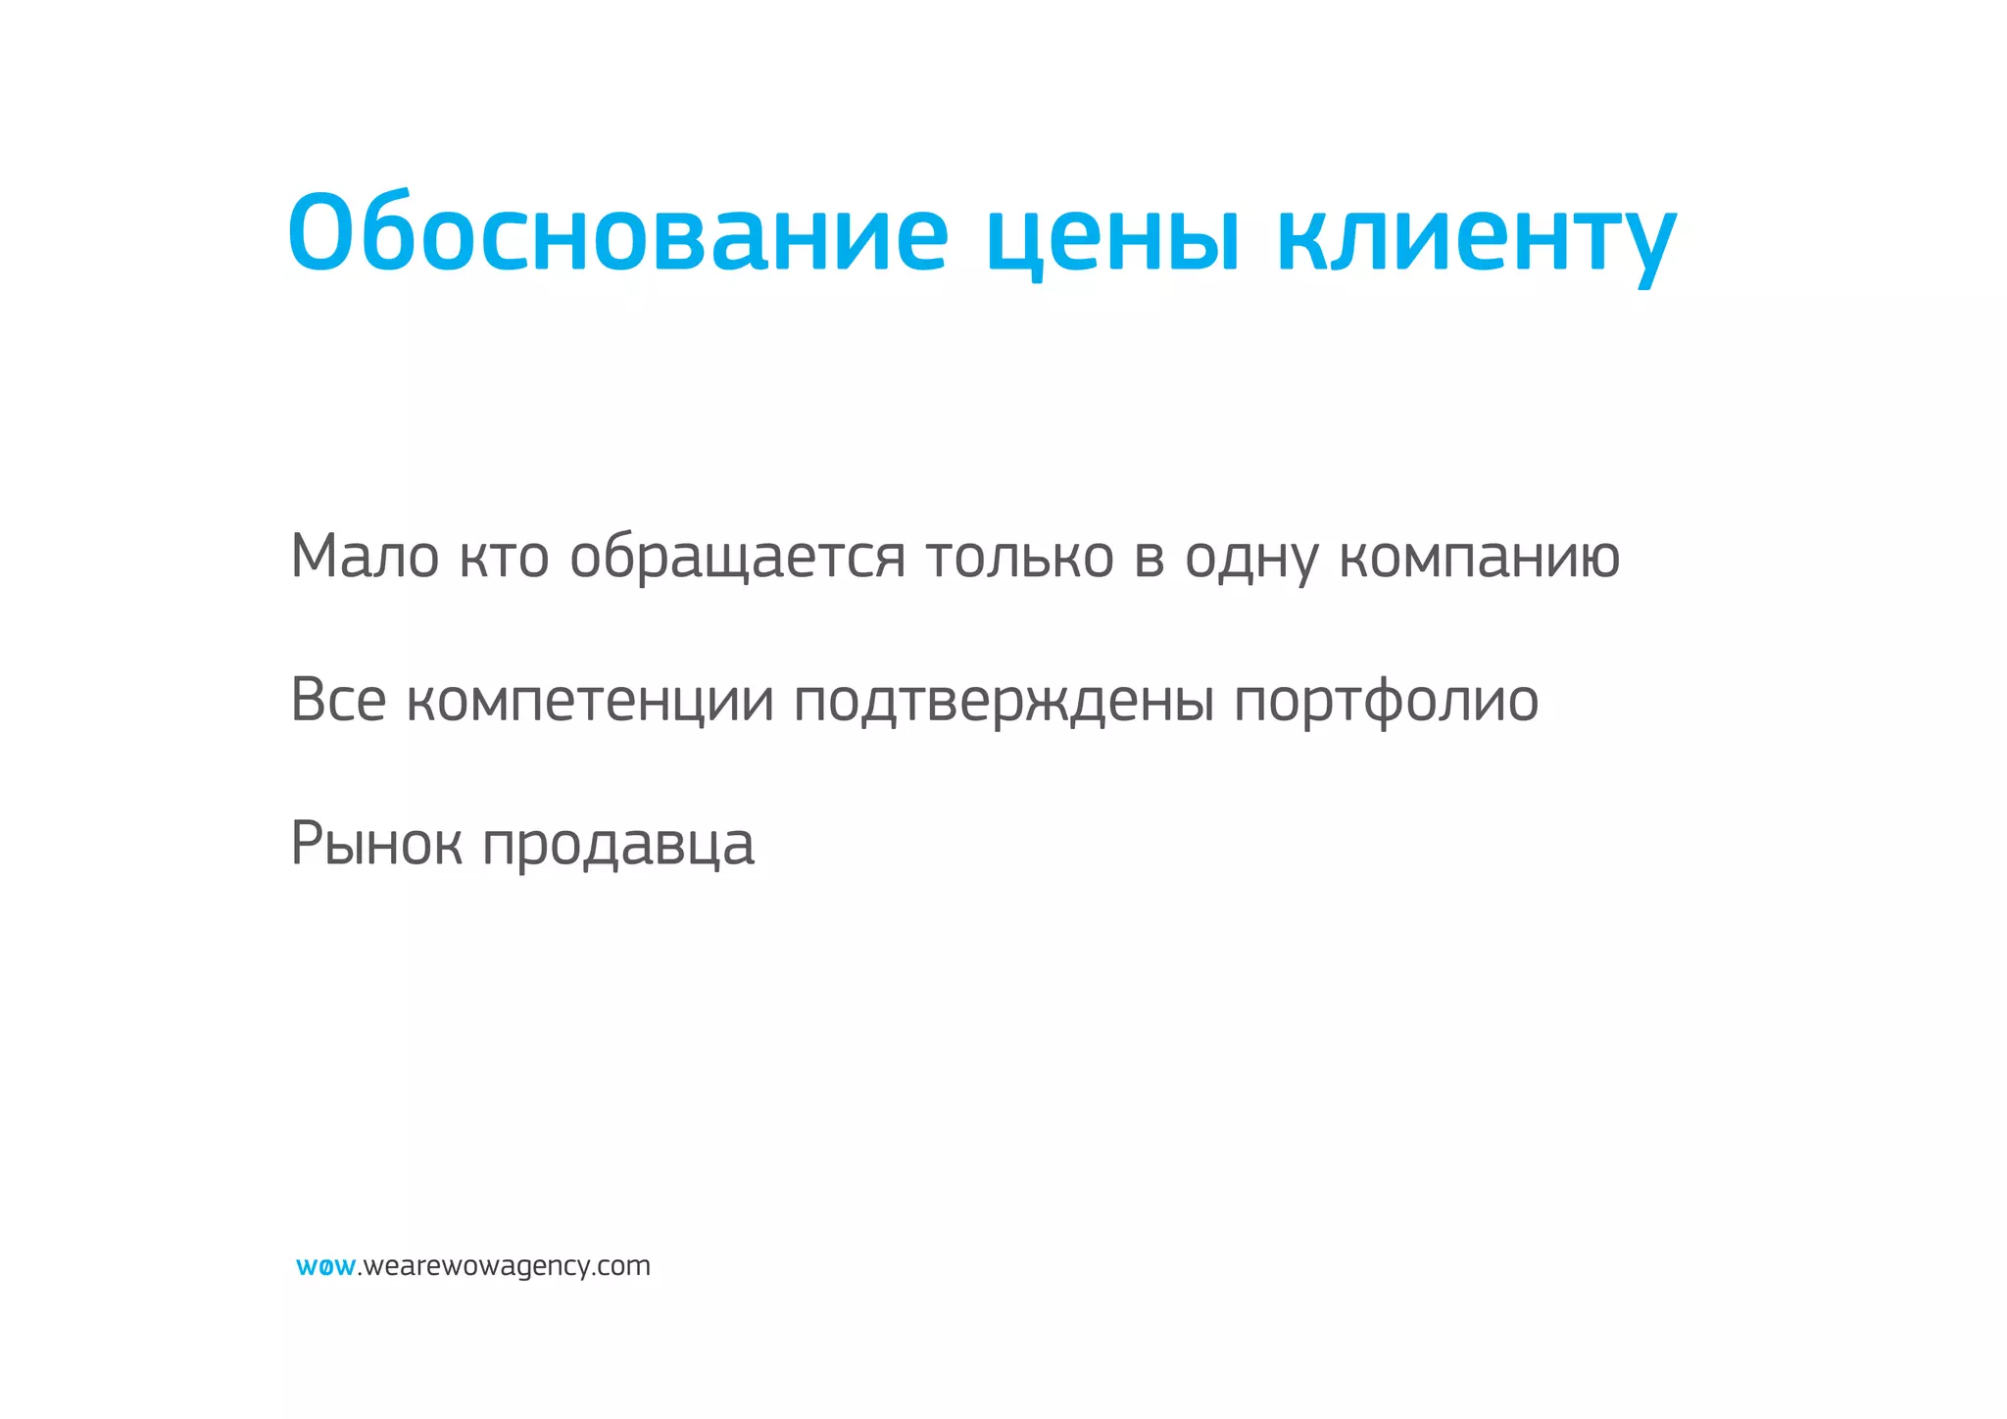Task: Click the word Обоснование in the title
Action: point(617,233)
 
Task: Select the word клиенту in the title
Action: point(1477,237)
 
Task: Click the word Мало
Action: point(365,556)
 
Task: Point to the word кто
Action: point(504,557)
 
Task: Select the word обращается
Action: point(737,557)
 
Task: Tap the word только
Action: point(1020,557)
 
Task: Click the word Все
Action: point(338,700)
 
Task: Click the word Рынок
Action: point(376,843)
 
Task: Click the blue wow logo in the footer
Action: point(325,1266)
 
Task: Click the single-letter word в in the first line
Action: point(1150,557)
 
